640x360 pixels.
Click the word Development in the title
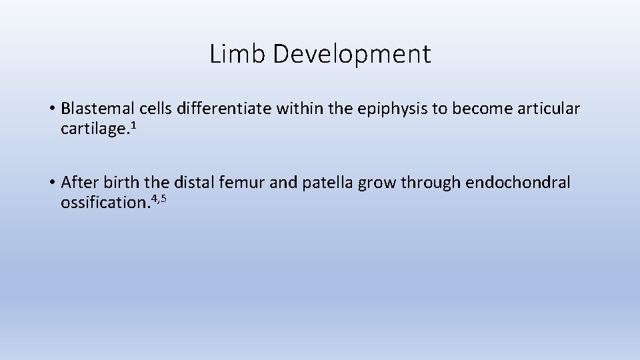click(x=351, y=55)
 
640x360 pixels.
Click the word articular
click(x=547, y=109)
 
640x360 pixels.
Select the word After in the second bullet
click(x=77, y=183)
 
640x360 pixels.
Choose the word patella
click(x=327, y=183)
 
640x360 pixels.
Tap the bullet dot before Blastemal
click(x=51, y=109)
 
